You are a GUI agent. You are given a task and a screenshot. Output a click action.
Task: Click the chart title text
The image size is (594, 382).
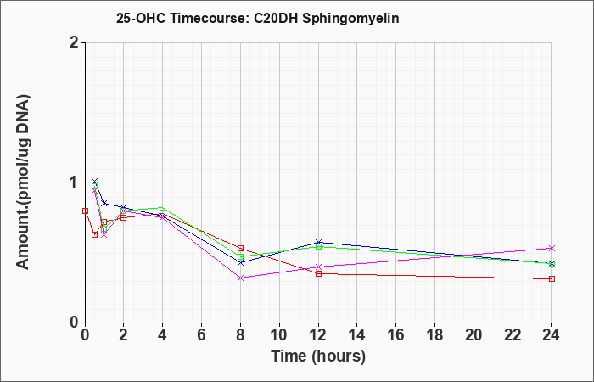[258, 19]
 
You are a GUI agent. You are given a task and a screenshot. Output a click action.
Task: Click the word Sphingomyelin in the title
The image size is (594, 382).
[350, 19]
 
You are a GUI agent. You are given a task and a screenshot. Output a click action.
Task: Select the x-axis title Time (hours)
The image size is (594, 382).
[318, 357]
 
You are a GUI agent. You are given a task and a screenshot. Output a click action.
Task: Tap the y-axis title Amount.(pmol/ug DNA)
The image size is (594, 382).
[24, 183]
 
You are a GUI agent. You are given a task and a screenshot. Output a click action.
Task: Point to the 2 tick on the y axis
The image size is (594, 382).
[75, 42]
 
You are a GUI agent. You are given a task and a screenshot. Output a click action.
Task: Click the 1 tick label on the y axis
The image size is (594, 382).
[75, 183]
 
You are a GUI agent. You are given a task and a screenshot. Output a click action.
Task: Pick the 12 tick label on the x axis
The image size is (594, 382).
[318, 335]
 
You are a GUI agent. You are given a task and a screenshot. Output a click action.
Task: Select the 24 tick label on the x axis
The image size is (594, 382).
[552, 335]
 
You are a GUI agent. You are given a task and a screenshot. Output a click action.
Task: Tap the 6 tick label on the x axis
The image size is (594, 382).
[202, 335]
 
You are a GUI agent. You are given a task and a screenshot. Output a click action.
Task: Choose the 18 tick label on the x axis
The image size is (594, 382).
[434, 335]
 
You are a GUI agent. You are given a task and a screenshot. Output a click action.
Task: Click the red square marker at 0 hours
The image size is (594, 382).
[85, 211]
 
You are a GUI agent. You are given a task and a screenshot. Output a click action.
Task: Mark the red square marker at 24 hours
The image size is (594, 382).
[552, 279]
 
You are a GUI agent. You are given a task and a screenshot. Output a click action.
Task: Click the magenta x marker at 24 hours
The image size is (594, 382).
[552, 248]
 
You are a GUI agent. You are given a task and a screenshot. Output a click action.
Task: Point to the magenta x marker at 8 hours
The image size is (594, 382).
[240, 278]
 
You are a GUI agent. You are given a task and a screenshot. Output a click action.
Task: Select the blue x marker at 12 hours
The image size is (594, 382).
[318, 242]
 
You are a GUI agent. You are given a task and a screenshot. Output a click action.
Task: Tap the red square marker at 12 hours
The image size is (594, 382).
[318, 273]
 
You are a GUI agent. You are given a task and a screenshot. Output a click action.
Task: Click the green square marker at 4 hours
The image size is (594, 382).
[163, 207]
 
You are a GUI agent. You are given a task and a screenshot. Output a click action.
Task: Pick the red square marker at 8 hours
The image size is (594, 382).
[240, 249]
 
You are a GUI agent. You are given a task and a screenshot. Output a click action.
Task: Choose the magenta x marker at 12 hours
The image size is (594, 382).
[318, 267]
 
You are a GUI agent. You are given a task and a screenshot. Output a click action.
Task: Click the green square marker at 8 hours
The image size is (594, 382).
[240, 258]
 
